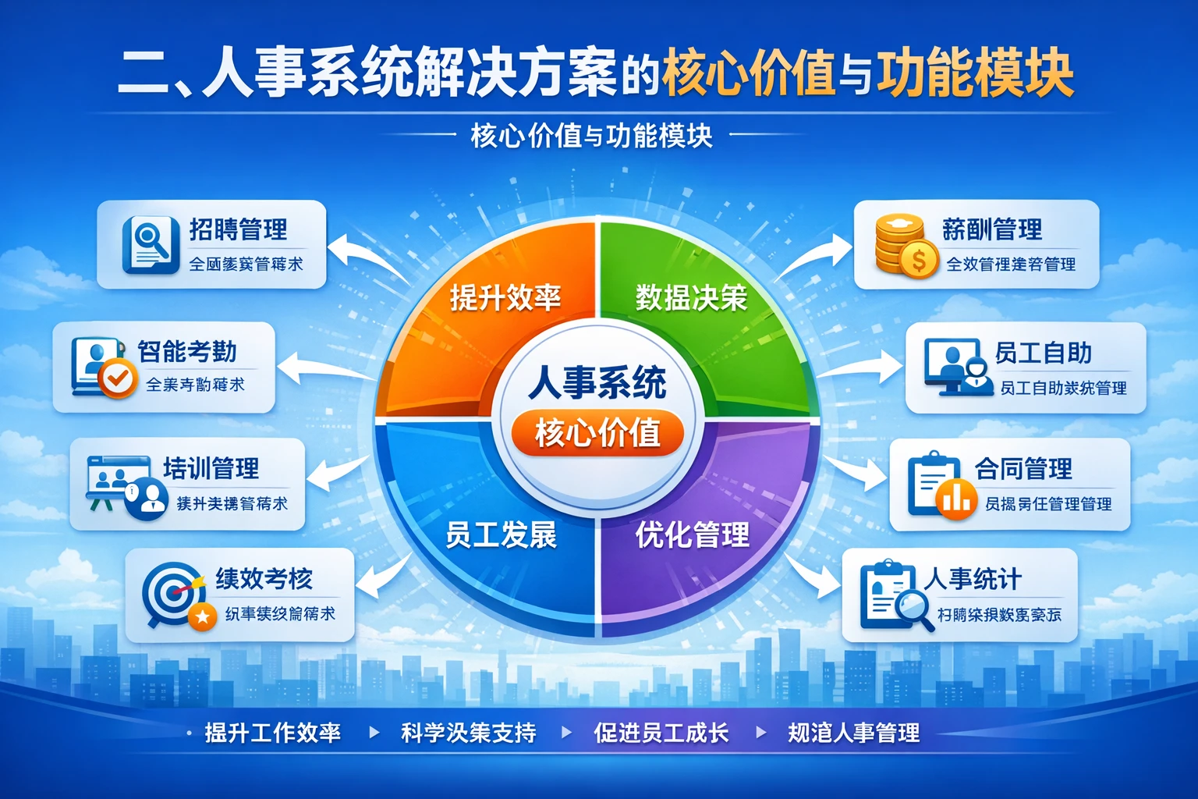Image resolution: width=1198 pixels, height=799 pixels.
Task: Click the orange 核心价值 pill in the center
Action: coord(597,433)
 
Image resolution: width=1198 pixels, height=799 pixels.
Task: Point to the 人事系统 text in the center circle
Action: coord(597,382)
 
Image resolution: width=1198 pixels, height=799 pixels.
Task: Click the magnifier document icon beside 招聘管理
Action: coord(147,244)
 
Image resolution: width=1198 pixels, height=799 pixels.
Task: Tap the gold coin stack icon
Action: coord(904,244)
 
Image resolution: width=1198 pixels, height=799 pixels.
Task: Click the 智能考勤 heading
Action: coord(187,351)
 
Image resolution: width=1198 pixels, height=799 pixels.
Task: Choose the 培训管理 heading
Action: coord(211,468)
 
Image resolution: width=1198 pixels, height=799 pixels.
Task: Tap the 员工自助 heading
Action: coord(1043,353)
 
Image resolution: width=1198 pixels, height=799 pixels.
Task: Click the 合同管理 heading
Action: coord(1023,469)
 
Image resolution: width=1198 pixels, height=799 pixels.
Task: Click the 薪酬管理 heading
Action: coord(991,229)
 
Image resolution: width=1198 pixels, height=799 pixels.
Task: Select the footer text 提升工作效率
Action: coord(272,733)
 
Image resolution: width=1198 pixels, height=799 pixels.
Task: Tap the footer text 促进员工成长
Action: coord(661,733)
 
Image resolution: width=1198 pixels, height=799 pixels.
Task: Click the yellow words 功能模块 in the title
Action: coord(975,74)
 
